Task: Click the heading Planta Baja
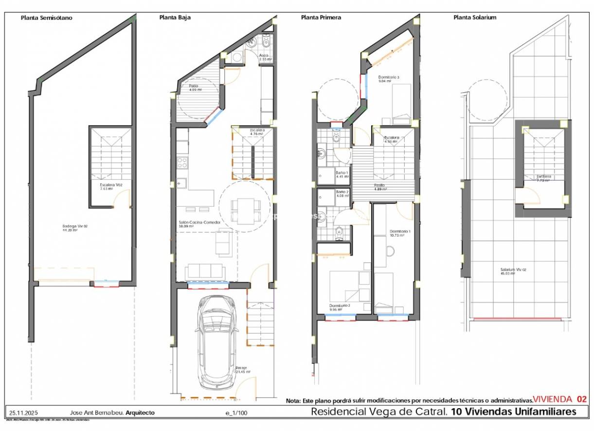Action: (175, 18)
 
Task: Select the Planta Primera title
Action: (321, 18)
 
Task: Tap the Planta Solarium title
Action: (475, 18)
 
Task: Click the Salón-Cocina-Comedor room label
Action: (199, 224)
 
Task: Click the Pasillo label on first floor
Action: (380, 186)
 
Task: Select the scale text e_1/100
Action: (236, 413)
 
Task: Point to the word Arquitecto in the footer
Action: (140, 413)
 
